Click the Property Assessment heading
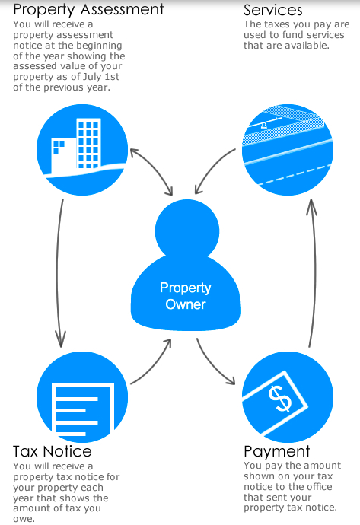[x=88, y=10]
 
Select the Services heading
[x=273, y=10]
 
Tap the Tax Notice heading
[x=53, y=451]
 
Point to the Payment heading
[x=277, y=452]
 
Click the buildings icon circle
[x=82, y=150]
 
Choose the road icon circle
[x=288, y=150]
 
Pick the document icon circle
[x=82, y=396]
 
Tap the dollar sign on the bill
[x=280, y=398]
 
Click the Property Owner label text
[x=186, y=296]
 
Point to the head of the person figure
[x=187, y=231]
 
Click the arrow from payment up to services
[x=314, y=273]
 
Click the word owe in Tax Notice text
[x=24, y=520]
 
